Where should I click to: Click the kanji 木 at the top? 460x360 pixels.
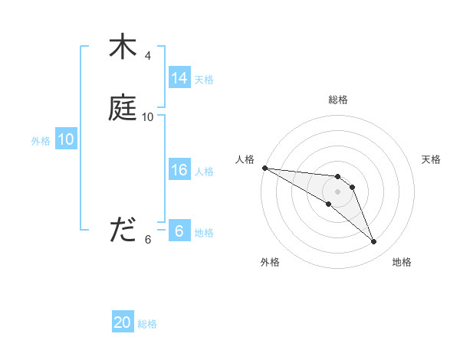point(122,47)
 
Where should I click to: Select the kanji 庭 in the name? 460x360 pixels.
point(122,108)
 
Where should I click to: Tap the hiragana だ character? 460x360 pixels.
point(122,231)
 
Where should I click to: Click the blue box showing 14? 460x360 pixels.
point(179,78)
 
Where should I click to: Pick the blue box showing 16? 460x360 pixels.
point(179,170)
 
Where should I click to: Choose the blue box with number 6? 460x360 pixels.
point(179,231)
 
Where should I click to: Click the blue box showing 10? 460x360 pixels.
point(66,139)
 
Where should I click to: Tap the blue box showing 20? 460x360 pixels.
point(123,322)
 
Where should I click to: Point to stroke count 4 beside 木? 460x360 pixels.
point(148,56)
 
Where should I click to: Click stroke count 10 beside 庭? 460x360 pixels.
point(148,117)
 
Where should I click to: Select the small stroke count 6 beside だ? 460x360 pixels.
point(148,240)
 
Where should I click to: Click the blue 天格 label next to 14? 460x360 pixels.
point(204,79)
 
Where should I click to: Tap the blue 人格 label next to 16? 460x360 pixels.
point(204,171)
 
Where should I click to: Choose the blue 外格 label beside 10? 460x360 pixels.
point(41,140)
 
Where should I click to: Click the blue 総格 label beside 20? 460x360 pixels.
point(147,324)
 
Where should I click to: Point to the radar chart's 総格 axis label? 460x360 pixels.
point(338,100)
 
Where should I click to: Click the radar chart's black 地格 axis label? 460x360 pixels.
point(402,262)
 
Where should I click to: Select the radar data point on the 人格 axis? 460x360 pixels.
point(264,167)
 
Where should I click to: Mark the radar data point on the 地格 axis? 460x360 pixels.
point(374,242)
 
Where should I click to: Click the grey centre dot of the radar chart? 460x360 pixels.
point(338,191)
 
